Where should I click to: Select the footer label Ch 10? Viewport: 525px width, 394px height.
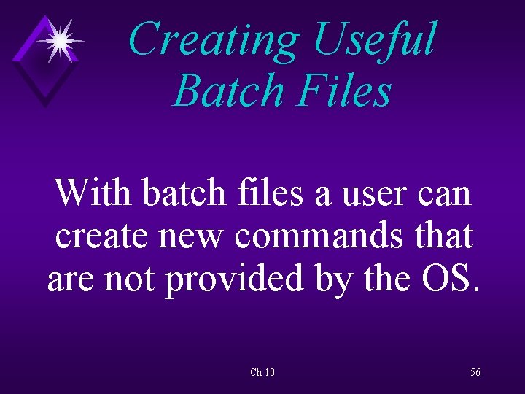(x=262, y=373)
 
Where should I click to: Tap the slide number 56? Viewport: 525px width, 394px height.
(x=475, y=373)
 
